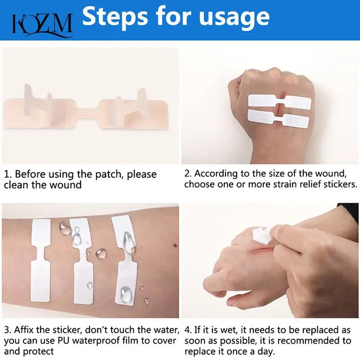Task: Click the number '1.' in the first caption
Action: [8, 174]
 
